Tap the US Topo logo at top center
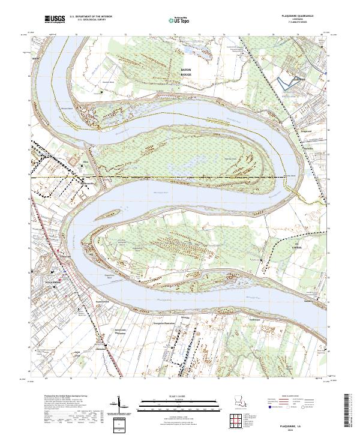tap(181, 20)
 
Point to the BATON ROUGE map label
tap(186, 72)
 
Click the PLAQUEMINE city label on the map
tap(52, 280)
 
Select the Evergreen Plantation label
tap(175, 322)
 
